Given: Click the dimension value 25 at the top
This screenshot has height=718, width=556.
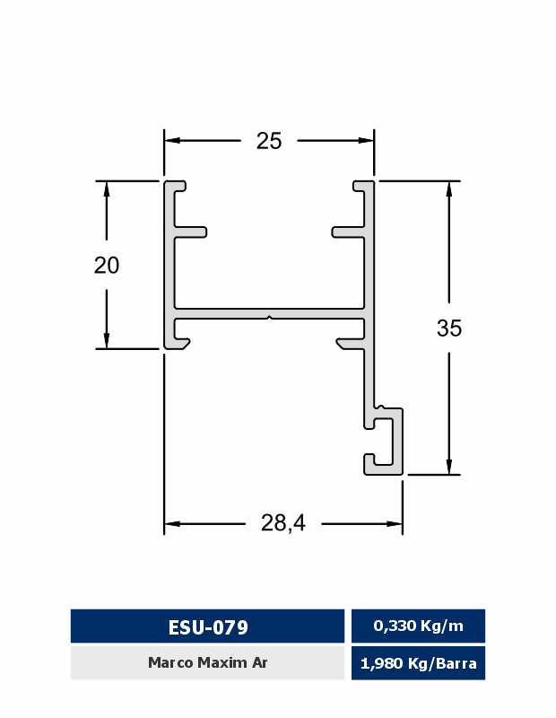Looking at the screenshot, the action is (269, 141).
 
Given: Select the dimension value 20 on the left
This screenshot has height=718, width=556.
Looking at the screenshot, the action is (107, 265).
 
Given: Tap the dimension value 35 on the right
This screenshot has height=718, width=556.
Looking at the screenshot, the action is (449, 328).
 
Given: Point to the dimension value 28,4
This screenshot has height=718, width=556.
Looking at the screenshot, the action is (283, 523).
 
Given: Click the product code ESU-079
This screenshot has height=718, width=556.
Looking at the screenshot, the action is (208, 626).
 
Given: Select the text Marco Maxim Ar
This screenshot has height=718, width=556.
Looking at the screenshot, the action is (208, 662).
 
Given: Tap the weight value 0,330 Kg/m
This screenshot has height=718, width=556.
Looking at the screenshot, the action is (418, 626).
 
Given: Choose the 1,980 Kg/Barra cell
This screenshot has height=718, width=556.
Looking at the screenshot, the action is (418, 663).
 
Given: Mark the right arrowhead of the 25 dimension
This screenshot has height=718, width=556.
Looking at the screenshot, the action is (367, 141).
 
